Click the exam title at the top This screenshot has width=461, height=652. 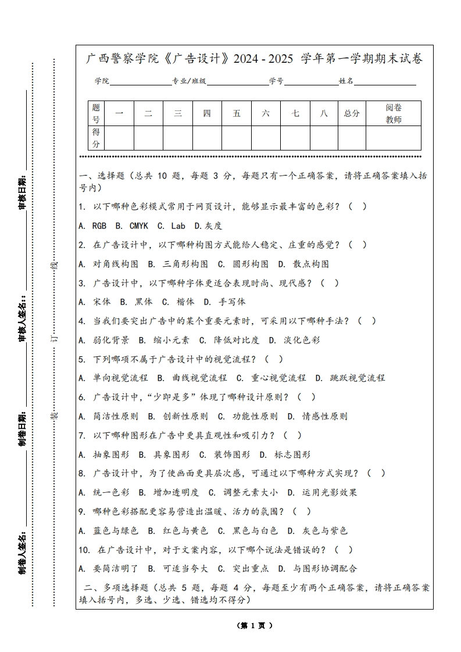254,59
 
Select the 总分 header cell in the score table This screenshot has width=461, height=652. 352,113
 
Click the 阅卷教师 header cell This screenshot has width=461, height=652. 394,113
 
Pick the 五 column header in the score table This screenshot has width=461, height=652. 237,113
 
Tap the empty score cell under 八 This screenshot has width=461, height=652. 324,138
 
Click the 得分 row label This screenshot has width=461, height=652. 96,138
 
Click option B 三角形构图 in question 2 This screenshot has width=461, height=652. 178,264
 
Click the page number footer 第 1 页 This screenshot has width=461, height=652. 255,625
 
